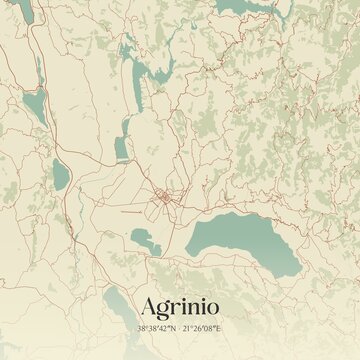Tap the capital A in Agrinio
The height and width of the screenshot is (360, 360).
pos(142,303)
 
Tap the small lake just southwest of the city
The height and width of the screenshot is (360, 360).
pos(146,240)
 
